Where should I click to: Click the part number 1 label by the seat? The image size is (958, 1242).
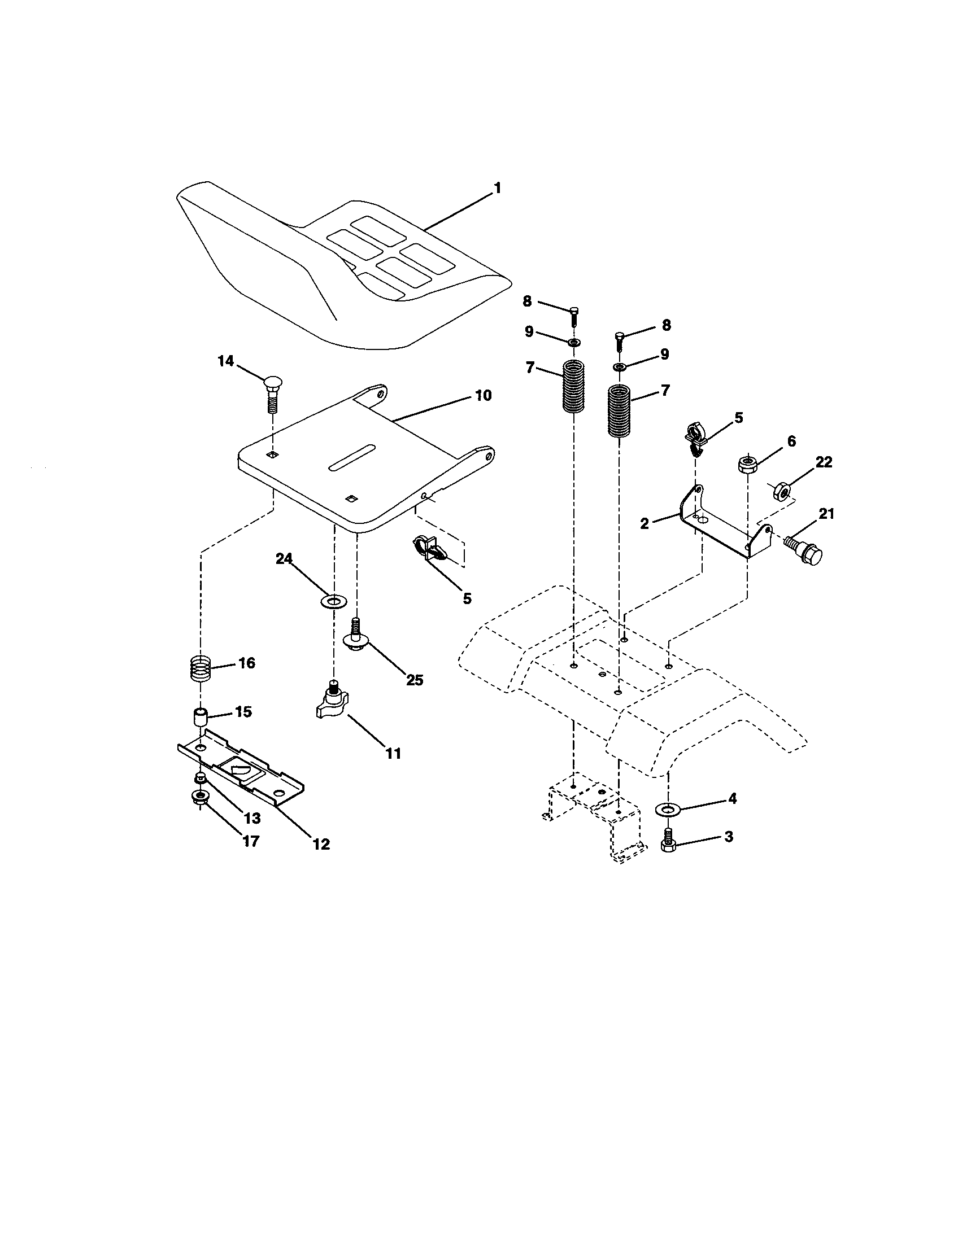pyautogui.click(x=498, y=187)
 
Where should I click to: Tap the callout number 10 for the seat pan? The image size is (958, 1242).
pyautogui.click(x=483, y=395)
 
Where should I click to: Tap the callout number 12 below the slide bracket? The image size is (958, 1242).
pyautogui.click(x=321, y=844)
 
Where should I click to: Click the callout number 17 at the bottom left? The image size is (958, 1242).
pyautogui.click(x=251, y=841)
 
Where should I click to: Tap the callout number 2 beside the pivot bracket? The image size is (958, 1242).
pyautogui.click(x=644, y=524)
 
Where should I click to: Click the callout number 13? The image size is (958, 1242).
pyautogui.click(x=252, y=818)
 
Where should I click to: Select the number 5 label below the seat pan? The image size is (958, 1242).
pyautogui.click(x=467, y=598)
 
